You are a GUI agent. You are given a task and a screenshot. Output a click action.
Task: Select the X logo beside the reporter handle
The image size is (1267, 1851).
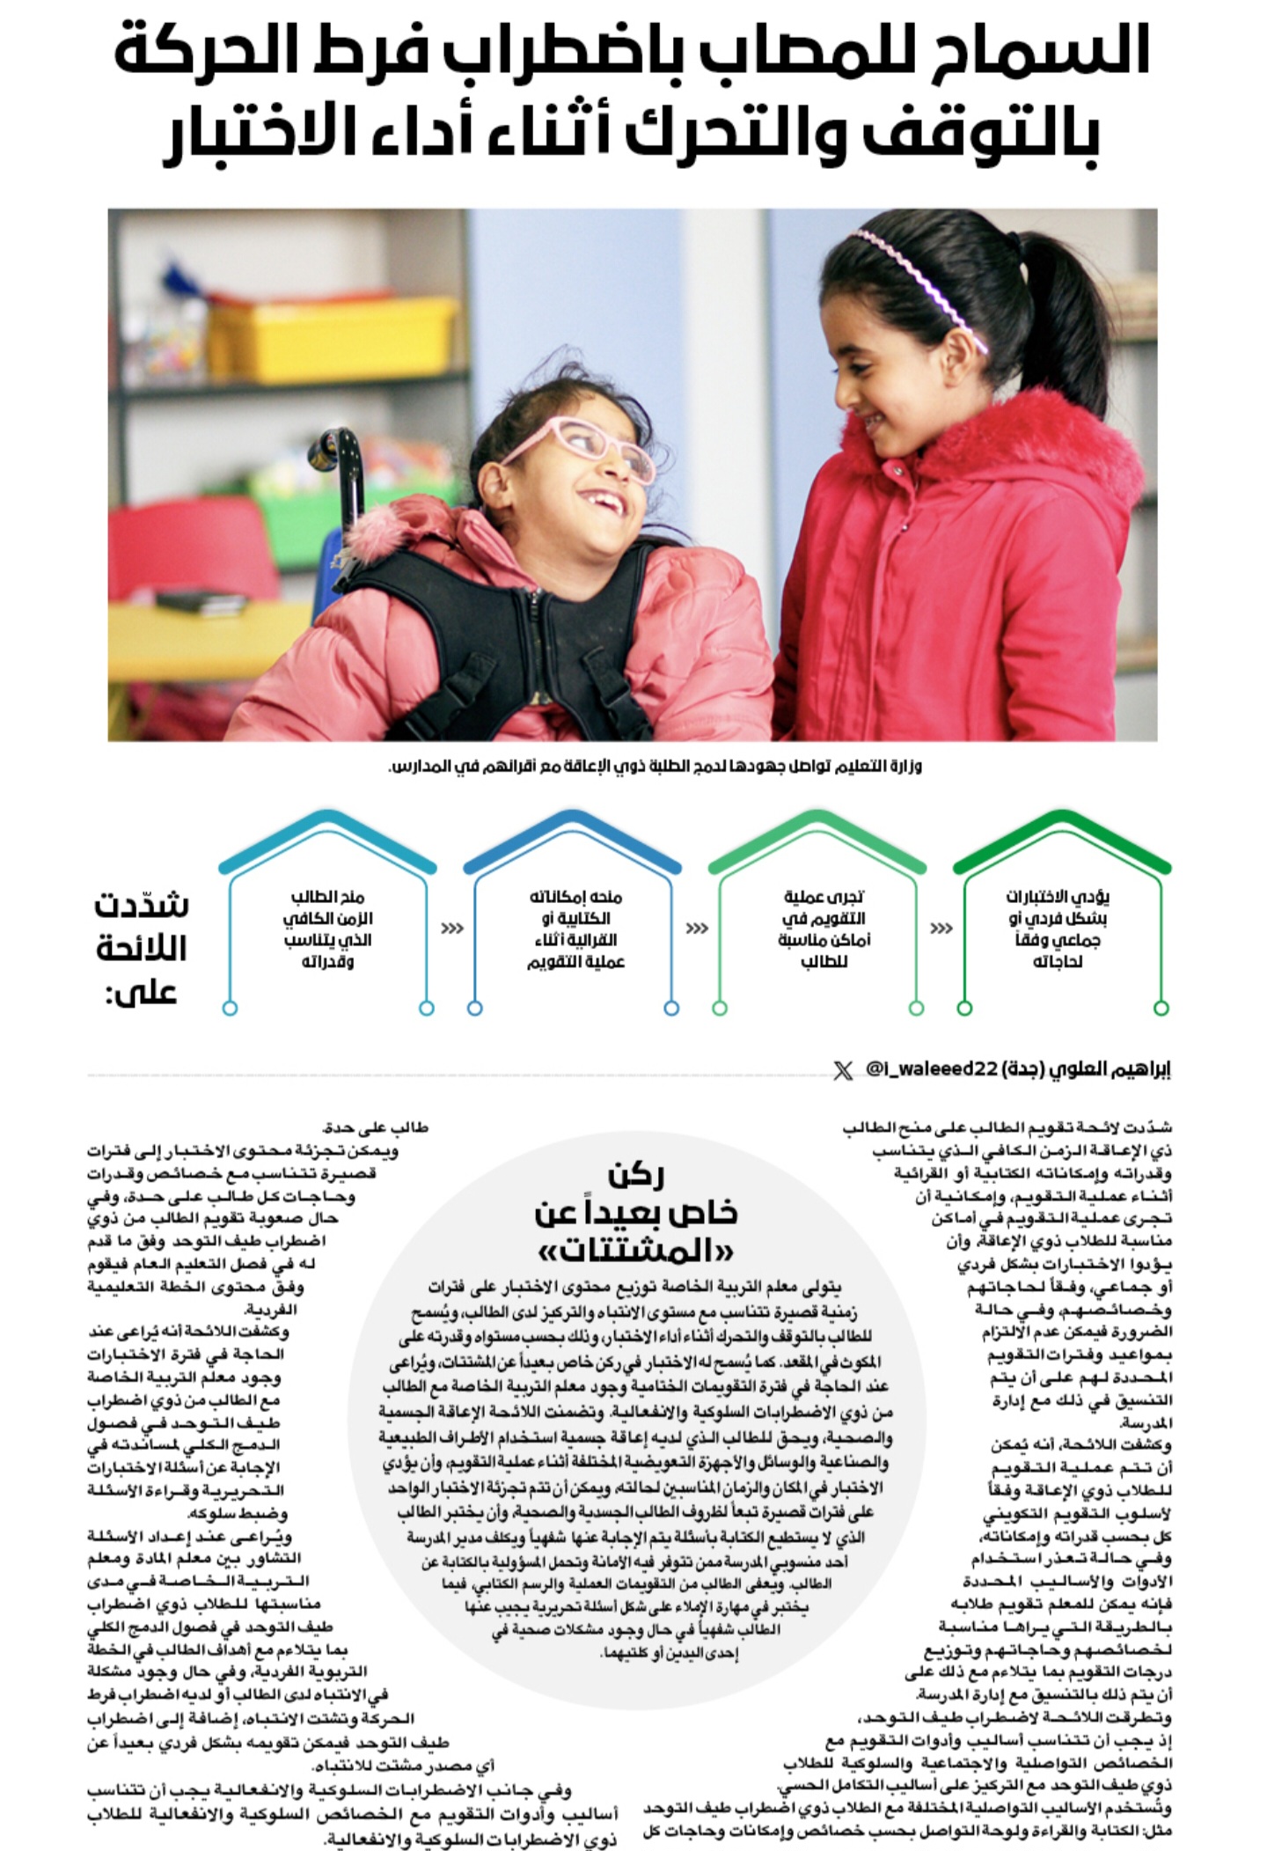click(842, 1070)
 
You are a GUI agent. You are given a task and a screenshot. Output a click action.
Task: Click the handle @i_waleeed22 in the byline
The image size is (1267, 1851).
click(933, 1070)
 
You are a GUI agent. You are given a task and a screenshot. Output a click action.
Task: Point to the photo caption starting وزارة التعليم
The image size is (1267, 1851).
click(655, 767)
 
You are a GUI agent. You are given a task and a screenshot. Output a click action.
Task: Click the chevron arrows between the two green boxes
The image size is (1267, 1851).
click(941, 929)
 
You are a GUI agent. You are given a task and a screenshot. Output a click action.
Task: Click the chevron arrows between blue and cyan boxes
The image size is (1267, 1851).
click(451, 929)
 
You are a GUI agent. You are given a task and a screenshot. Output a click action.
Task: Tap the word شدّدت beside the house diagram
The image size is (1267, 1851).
click(141, 905)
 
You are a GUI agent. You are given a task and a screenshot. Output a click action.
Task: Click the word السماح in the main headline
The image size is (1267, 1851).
click(1060, 53)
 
